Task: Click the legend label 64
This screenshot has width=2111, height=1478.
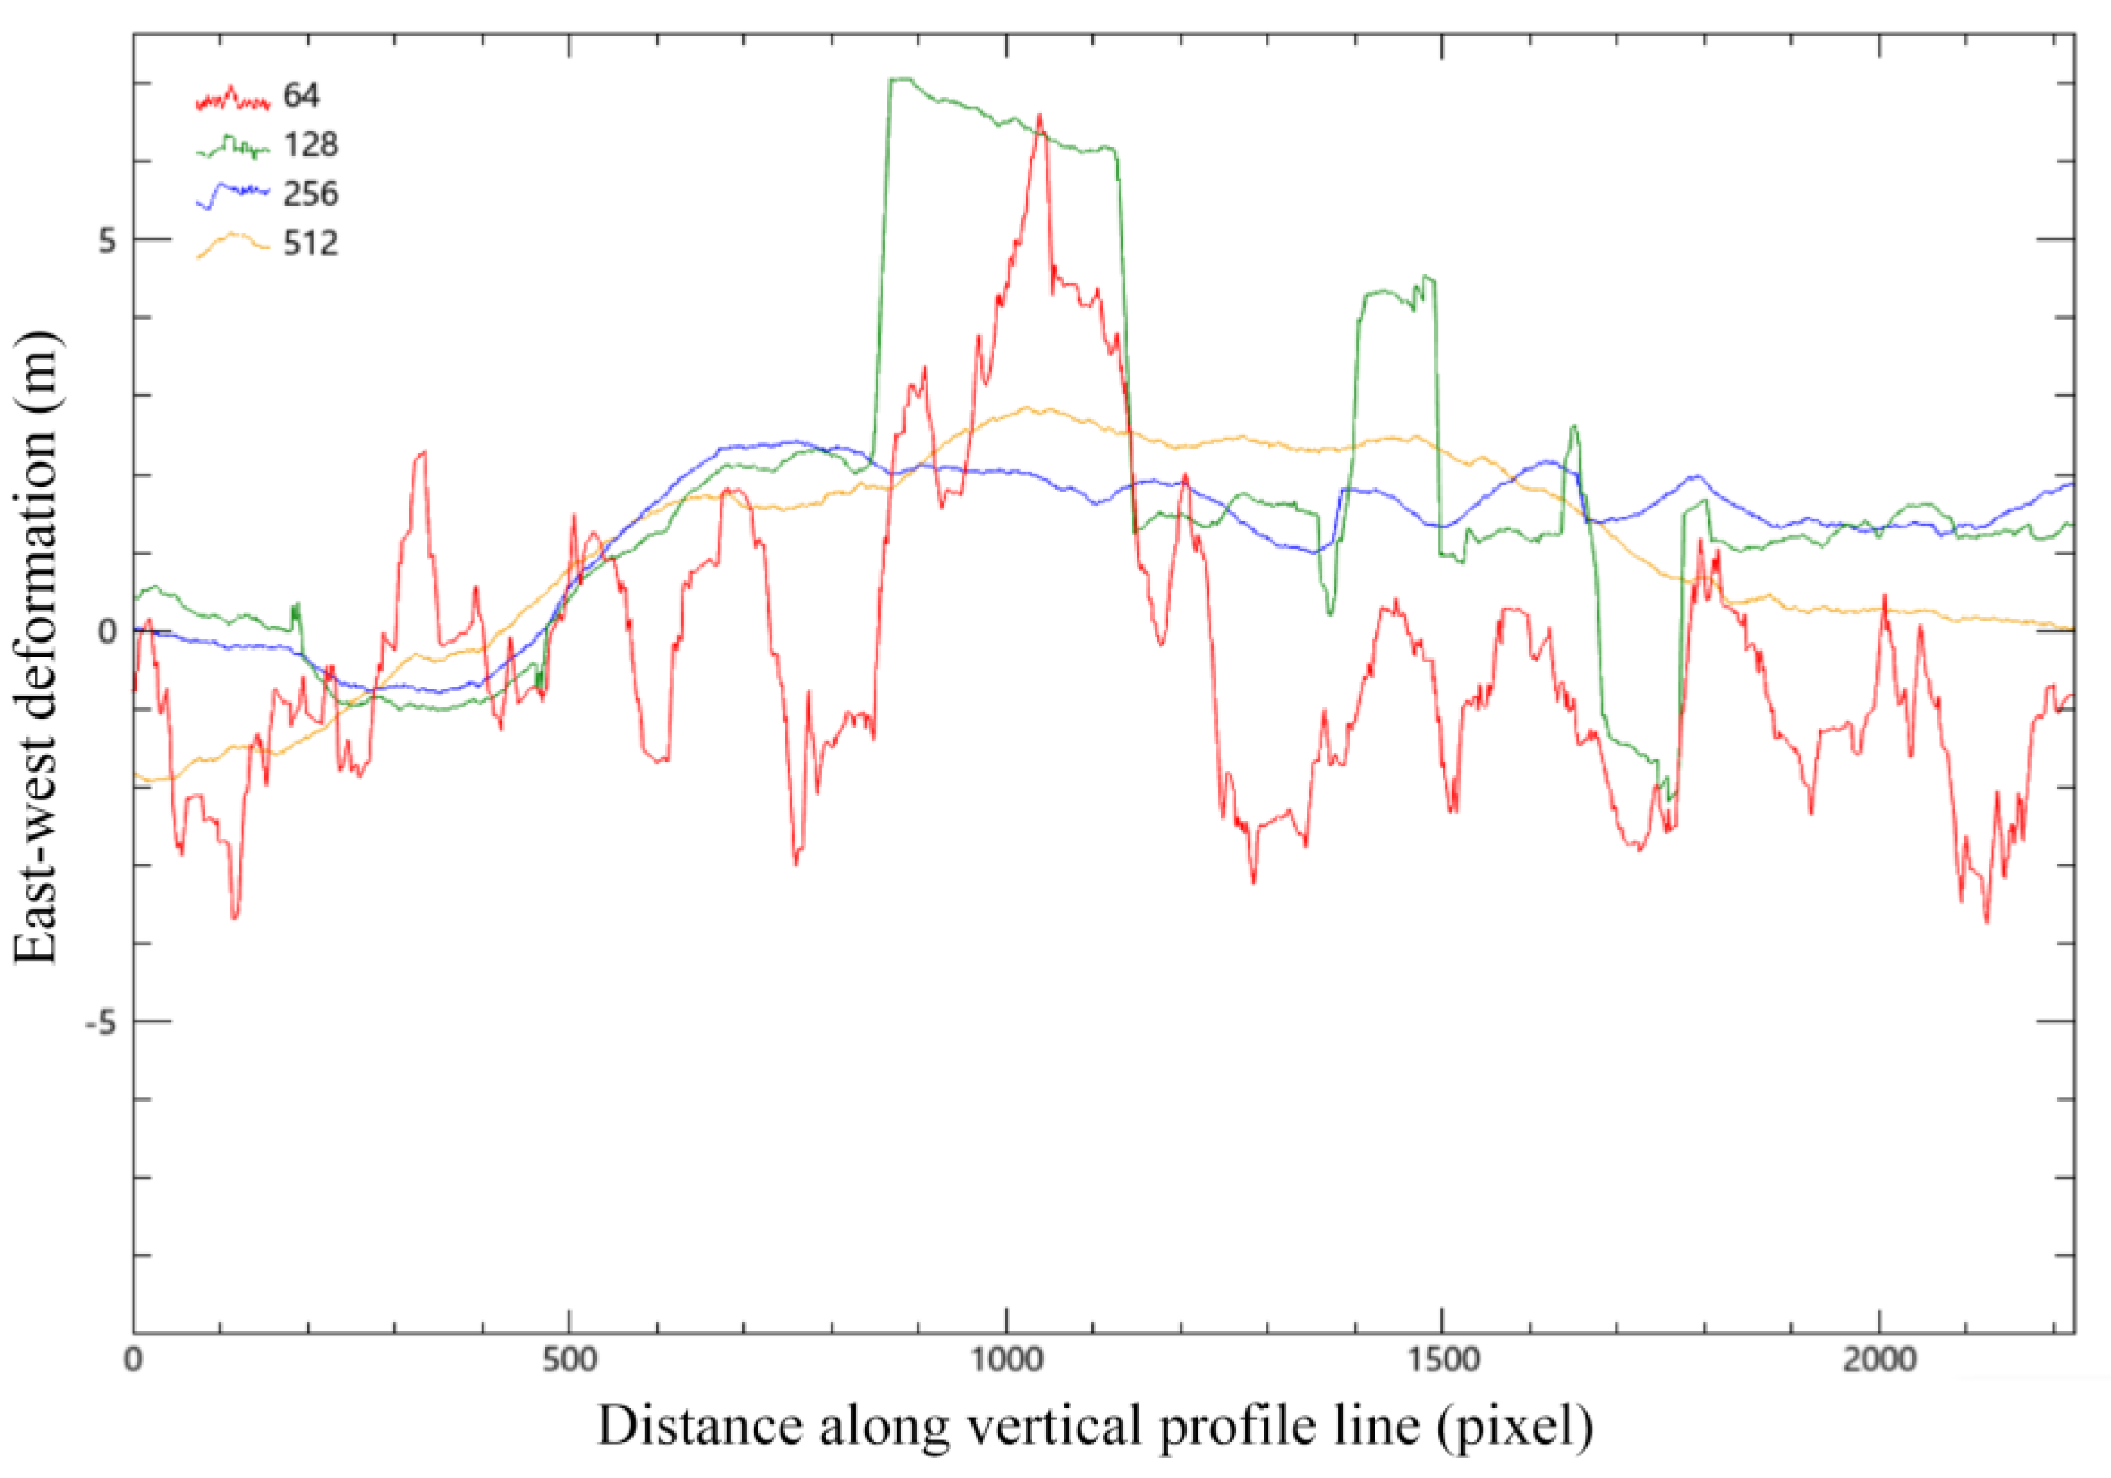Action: point(301,94)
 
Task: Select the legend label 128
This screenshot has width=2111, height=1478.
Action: point(310,144)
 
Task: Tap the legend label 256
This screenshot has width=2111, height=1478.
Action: point(310,194)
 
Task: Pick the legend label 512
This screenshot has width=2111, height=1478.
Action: point(310,244)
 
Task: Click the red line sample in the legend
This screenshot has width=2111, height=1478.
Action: point(232,97)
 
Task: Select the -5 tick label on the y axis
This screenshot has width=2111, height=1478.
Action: point(102,1022)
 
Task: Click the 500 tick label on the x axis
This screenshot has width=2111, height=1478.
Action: point(569,1359)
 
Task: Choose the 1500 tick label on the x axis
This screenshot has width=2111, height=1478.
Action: point(1442,1359)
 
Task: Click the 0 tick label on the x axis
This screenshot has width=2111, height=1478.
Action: point(134,1359)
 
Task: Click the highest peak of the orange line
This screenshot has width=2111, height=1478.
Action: point(1027,407)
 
